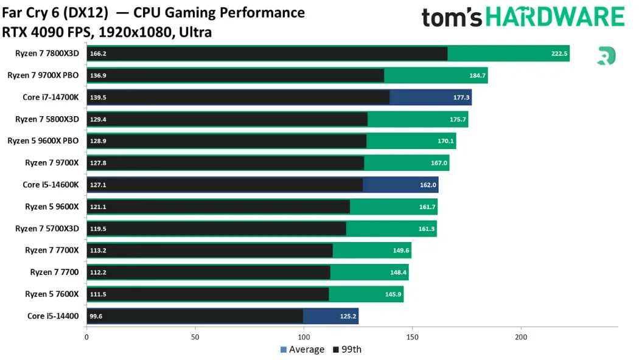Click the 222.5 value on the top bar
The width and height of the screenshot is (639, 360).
pos(559,54)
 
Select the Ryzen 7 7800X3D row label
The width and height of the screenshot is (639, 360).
pos(47,54)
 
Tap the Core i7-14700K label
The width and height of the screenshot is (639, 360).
pos(51,97)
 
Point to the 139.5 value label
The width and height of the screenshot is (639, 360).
pos(98,97)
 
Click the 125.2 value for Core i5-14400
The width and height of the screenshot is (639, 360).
pos(348,316)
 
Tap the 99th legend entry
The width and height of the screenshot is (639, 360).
pos(347,350)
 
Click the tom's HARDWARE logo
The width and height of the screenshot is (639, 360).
pos(523,17)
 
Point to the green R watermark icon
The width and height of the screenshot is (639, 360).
pos(606,56)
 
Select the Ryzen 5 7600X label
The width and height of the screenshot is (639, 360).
pos(52,294)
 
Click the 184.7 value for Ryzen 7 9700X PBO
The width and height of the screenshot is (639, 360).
pos(477,75)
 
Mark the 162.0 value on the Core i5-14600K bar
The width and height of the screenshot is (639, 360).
pos(428,185)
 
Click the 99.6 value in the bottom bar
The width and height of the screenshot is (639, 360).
pos(96,316)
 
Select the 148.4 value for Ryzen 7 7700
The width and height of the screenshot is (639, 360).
pos(398,272)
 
